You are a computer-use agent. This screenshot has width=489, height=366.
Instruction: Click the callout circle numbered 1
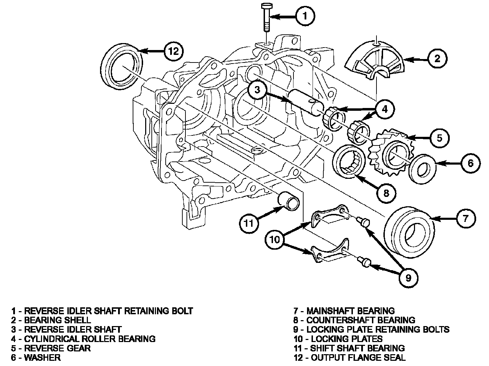tap(305, 16)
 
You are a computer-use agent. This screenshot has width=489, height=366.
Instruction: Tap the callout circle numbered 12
tap(174, 51)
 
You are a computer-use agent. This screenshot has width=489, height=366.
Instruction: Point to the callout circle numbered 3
tap(257, 90)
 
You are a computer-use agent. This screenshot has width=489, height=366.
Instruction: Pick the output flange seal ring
tap(122, 66)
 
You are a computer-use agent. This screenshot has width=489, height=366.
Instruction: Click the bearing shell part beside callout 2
tap(375, 60)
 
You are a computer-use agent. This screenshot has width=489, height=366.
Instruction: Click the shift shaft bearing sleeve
tap(288, 201)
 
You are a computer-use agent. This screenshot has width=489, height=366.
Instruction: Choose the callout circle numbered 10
tap(274, 240)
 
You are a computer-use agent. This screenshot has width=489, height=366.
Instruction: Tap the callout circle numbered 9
tap(408, 278)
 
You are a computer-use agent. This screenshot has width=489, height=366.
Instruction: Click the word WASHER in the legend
tap(42, 358)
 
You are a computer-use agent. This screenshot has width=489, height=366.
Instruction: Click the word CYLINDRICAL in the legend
tap(51, 339)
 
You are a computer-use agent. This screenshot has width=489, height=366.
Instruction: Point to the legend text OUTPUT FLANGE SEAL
tap(358, 358)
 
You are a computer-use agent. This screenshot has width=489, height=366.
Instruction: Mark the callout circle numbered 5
tap(439, 138)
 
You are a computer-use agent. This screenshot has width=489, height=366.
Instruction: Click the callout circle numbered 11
tap(249, 223)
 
